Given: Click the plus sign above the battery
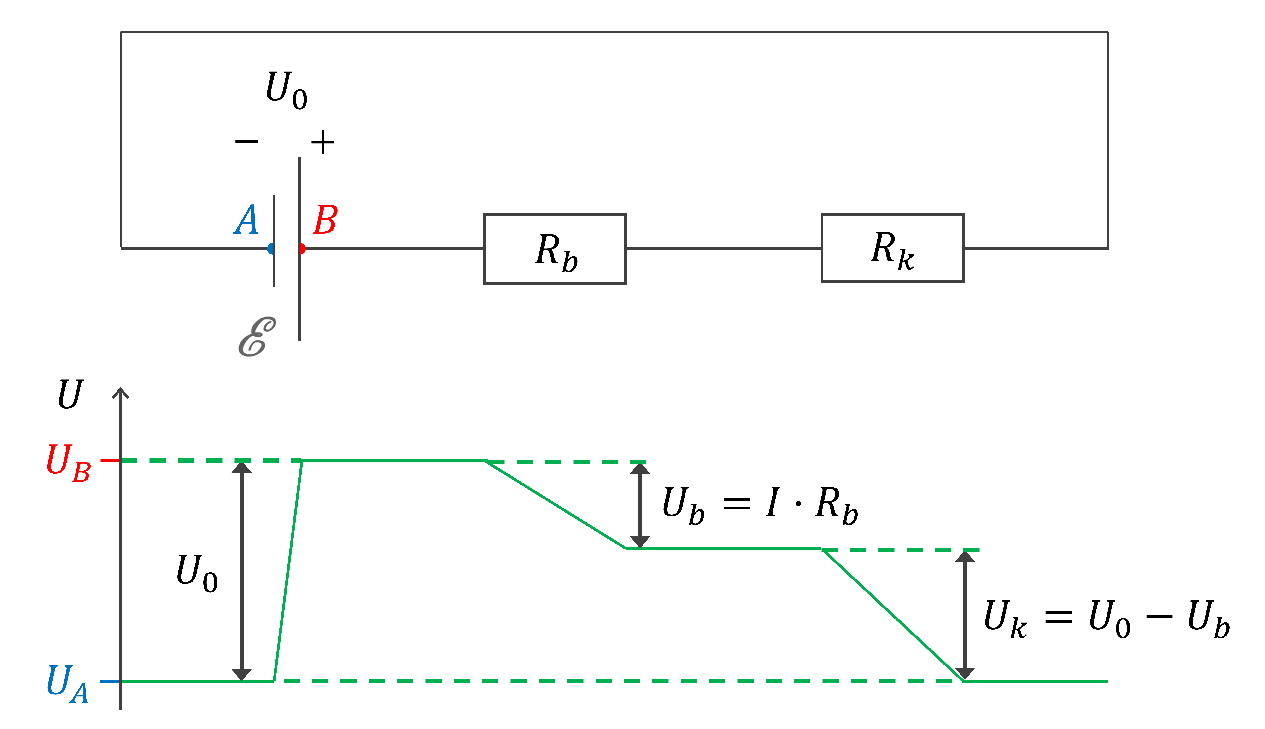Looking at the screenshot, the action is pos(322,143).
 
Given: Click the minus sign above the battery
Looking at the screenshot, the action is pos(247,141).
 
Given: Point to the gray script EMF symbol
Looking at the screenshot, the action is pos(257,336).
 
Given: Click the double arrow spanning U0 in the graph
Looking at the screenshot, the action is pos(241,571).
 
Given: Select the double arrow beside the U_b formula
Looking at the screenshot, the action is pos(639,505).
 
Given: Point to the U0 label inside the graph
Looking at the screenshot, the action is pos(197,573).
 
